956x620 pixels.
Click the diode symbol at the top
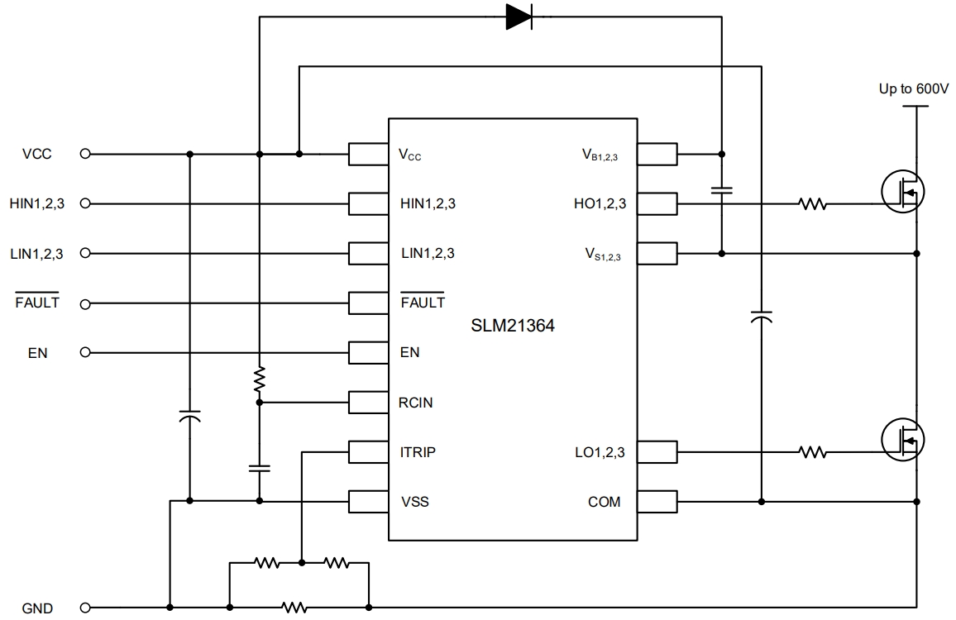point(519,17)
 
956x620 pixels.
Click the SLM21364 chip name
point(513,327)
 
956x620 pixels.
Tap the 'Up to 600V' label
point(913,88)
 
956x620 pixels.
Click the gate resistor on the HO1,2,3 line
point(813,203)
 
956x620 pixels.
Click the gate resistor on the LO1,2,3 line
point(813,452)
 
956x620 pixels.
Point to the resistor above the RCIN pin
point(260,379)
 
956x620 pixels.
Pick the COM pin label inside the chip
point(604,502)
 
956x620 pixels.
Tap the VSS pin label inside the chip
point(414,502)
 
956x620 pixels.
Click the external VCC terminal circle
point(84,154)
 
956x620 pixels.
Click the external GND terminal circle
point(84,608)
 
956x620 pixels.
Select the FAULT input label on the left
point(38,303)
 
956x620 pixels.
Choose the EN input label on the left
point(38,353)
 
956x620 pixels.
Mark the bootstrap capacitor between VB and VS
point(722,191)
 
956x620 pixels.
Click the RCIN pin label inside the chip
point(415,403)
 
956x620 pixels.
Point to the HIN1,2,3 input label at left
point(36,203)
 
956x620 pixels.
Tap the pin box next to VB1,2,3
point(657,154)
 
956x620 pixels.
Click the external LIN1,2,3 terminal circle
point(84,253)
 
